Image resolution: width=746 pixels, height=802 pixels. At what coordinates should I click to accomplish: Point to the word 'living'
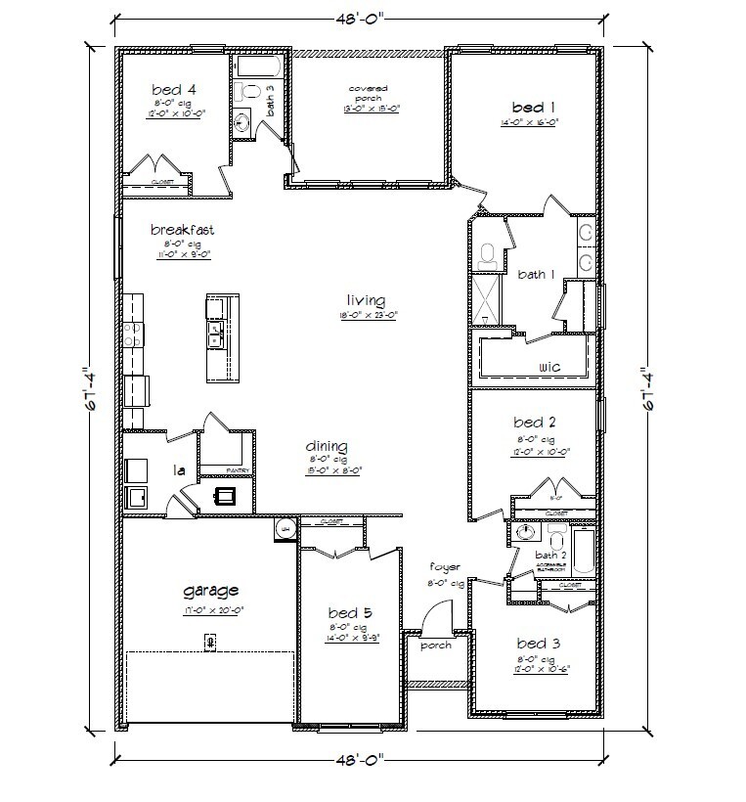(365, 300)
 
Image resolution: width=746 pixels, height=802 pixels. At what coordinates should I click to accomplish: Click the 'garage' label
(211, 591)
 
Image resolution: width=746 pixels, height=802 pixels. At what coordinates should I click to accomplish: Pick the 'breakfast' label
(182, 230)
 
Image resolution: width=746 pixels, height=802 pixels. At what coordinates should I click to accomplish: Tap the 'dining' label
(327, 446)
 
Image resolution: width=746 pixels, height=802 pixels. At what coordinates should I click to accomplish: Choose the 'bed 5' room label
(347, 613)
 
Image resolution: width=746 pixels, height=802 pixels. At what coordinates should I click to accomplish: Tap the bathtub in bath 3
(259, 67)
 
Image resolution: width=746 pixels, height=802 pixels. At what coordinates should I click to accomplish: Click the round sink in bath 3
(243, 122)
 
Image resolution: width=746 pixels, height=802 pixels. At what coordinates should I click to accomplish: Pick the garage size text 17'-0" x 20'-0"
(212, 609)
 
